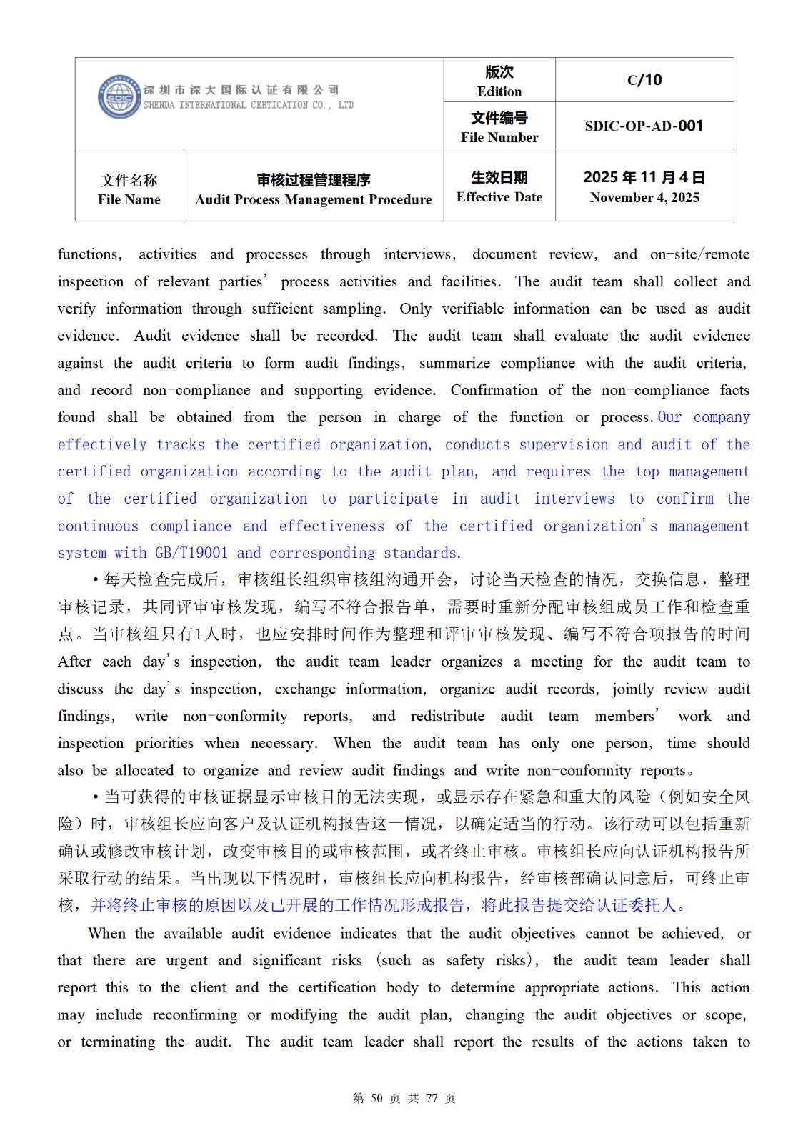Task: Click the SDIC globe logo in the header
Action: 119,97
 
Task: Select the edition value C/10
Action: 644,80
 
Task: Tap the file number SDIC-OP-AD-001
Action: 644,126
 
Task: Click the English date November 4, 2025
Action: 644,198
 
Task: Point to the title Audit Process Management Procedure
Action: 313,199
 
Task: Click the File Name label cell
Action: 129,189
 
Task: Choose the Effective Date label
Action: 499,197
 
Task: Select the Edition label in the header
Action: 499,91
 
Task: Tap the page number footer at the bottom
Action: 404,1098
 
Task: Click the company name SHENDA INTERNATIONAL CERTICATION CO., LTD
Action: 248,105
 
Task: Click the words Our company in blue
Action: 704,417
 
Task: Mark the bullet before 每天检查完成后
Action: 96,579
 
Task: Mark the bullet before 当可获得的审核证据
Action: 96,797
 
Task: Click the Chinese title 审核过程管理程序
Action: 313,180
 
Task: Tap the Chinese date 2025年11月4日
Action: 644,177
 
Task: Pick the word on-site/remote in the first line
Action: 699,254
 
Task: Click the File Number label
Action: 499,137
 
